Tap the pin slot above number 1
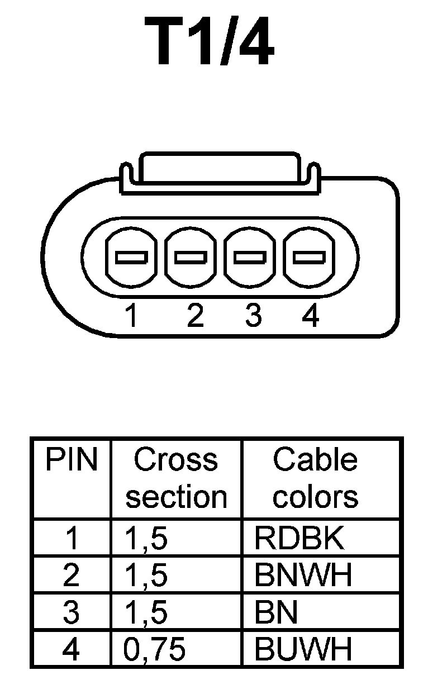(131, 257)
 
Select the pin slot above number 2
(191, 257)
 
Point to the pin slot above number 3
(250, 257)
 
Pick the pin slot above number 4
(310, 257)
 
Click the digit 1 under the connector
(131, 316)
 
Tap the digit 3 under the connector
(253, 316)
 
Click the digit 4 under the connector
(311, 316)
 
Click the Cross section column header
(176, 478)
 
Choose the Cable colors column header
(315, 478)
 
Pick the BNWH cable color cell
(303, 575)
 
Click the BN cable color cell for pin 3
(276, 612)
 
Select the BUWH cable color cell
(303, 649)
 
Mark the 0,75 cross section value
(155, 649)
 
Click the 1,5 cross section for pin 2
(146, 575)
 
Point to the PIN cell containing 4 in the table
(72, 649)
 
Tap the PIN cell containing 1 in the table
(72, 538)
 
